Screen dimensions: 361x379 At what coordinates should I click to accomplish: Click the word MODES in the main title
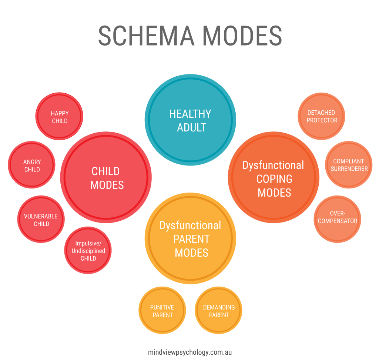(242, 36)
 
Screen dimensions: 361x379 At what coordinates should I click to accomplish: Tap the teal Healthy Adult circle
(190, 120)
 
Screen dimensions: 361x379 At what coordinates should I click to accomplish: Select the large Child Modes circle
(106, 177)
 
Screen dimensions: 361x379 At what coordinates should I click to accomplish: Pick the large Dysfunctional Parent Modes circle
(190, 239)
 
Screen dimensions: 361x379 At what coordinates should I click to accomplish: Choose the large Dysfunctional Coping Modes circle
(274, 178)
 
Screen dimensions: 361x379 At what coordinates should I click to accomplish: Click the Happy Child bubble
(60, 117)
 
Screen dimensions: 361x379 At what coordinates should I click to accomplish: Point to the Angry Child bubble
(32, 165)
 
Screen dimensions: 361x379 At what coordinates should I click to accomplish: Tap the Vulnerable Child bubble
(41, 220)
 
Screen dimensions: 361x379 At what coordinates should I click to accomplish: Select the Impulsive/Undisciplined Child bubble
(88, 250)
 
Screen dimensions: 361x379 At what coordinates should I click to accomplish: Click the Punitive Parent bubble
(162, 311)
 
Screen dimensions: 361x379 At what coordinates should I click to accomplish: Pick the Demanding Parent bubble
(219, 311)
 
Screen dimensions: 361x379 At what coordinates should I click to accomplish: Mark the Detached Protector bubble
(321, 116)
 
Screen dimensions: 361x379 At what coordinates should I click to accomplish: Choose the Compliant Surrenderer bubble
(349, 165)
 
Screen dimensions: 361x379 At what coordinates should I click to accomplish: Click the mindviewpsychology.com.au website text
(190, 352)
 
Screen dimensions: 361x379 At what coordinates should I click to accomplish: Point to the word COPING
(274, 179)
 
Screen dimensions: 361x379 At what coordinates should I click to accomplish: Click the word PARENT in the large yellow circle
(191, 239)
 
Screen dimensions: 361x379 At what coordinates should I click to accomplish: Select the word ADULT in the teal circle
(191, 128)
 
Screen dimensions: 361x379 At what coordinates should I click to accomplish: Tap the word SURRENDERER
(349, 169)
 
